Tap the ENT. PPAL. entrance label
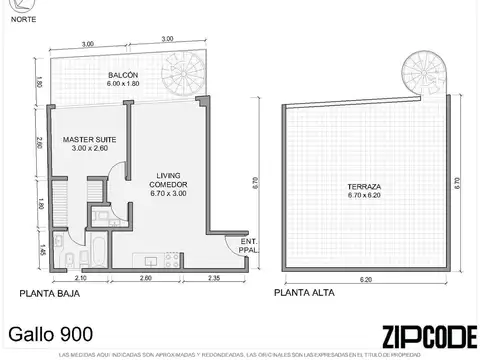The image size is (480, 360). tap(247, 245)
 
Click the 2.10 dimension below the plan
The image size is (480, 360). tap(82, 278)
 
